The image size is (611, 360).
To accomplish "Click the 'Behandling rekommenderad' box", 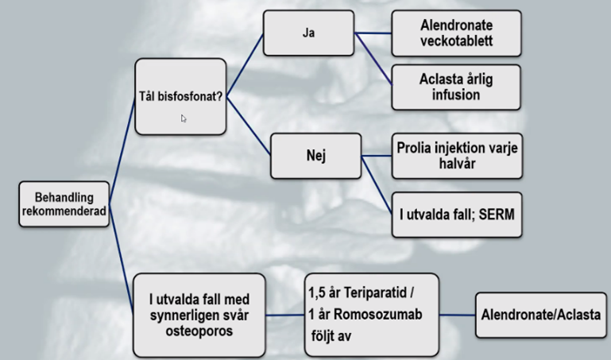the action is (64, 204).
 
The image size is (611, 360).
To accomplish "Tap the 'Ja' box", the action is (309, 33).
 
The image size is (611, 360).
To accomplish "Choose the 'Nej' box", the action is (315, 155).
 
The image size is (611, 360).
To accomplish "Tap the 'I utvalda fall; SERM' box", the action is (457, 214).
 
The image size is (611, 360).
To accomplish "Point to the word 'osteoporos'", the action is (199, 330).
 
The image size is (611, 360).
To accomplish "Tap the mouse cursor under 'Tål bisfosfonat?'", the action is (184, 118).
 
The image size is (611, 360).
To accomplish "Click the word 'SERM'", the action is (496, 214).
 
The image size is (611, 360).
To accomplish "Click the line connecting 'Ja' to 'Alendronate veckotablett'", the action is (374, 33).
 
